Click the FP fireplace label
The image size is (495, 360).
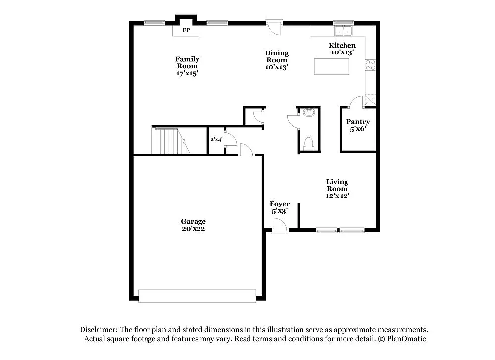coord(186,30)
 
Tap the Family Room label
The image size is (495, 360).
coord(187,66)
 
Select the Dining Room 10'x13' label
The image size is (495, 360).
coord(277,60)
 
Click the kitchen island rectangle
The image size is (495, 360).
coord(331,66)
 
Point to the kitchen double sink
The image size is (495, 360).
coord(344,31)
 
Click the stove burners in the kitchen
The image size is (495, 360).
coord(370,65)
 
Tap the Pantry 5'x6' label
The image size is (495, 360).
coord(358,125)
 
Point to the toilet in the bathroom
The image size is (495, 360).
coord(309,144)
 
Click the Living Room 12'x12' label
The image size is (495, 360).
coord(338,189)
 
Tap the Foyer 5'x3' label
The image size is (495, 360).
coord(280,207)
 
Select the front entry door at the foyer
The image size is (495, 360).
coord(280,227)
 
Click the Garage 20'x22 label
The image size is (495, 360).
coord(193,225)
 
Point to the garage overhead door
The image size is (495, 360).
coord(197,296)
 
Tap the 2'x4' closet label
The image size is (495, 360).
coord(216,140)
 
